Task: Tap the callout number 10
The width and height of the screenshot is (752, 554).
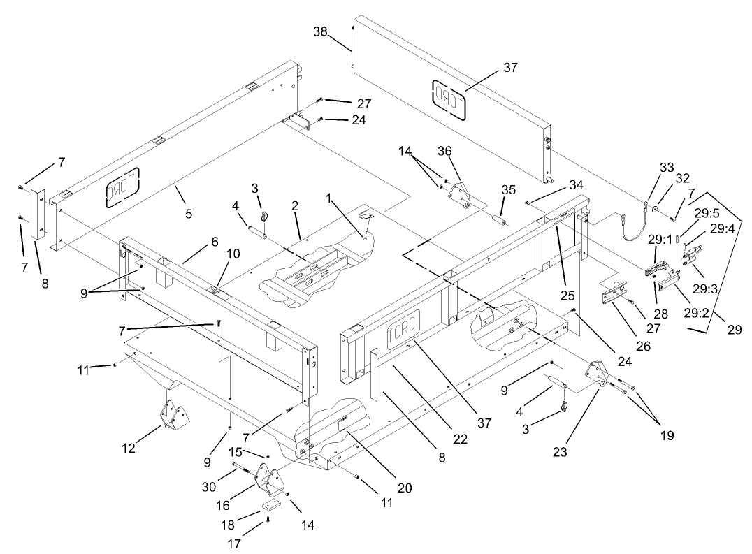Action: (233, 254)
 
